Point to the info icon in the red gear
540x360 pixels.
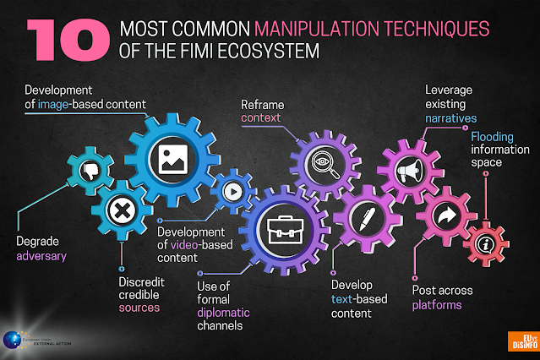point(485,243)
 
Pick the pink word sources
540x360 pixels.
point(139,308)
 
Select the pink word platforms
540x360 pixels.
point(437,304)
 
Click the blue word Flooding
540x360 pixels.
point(494,135)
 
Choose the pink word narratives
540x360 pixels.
point(450,119)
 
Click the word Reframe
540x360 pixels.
point(261,105)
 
